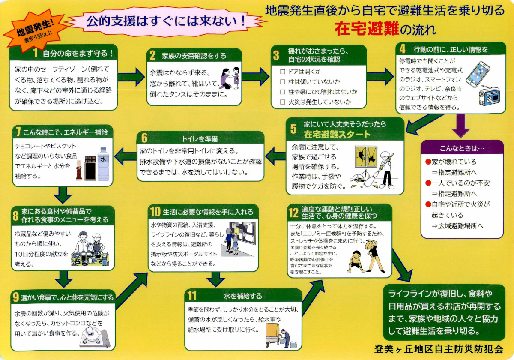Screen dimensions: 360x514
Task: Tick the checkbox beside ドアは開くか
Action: (x=282, y=72)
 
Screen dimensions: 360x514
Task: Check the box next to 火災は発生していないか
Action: (x=282, y=102)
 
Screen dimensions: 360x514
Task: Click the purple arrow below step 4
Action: (x=461, y=126)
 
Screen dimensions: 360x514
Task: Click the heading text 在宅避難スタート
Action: (x=337, y=135)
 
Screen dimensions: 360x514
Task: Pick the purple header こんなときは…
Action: (x=461, y=148)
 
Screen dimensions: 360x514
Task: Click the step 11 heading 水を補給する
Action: (x=242, y=296)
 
